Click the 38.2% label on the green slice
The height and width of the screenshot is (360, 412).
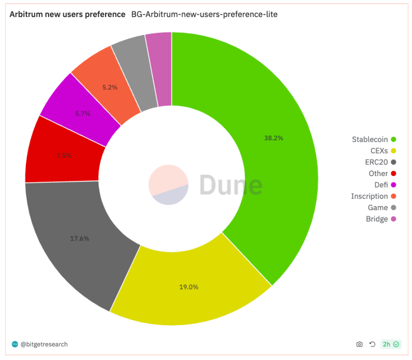point(273,138)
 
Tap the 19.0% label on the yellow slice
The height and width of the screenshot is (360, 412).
point(189,287)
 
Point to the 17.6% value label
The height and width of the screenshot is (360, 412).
point(79,238)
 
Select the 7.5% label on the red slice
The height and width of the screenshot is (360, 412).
point(63,155)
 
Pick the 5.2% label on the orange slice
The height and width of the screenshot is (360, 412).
point(110,88)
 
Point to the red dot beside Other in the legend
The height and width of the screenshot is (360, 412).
point(394,173)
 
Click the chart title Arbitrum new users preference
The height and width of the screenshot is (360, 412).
point(67,15)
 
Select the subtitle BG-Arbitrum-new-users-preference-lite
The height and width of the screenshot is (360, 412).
point(204,15)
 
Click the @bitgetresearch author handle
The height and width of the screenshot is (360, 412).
point(44,344)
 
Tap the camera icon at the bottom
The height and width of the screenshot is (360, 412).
point(359,344)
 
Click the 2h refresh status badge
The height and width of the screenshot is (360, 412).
point(390,344)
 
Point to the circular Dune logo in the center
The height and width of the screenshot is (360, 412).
point(168,184)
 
